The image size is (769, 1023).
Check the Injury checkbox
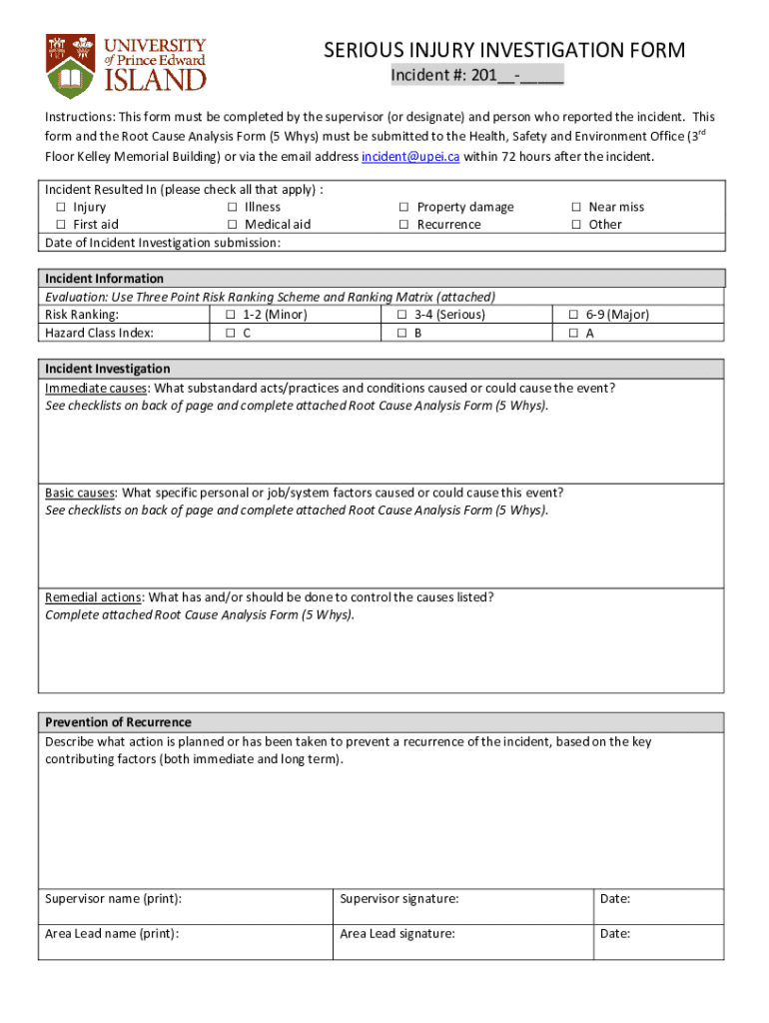60,208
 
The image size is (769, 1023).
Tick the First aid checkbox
60,225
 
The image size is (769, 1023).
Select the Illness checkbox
232,208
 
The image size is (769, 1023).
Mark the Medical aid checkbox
232,225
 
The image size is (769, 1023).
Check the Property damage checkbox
403,208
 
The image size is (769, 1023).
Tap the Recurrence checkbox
403,225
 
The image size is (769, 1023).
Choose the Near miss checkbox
576,208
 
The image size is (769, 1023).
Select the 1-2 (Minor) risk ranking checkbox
230,315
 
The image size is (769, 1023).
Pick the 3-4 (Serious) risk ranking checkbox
401,315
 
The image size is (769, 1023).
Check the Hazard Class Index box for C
230,334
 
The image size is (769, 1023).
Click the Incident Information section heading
104,279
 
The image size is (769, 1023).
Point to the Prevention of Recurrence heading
118,722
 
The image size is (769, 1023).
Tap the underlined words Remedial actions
93,597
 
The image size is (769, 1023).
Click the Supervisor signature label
398,899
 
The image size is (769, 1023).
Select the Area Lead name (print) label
112,934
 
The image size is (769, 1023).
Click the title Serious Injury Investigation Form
503,51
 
